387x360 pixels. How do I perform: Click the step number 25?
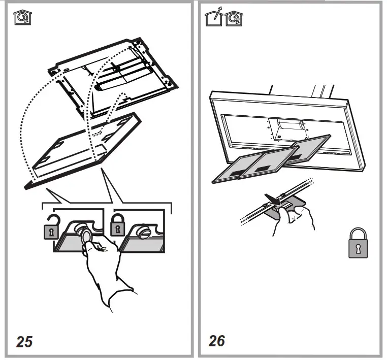24,341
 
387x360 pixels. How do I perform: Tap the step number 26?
217,340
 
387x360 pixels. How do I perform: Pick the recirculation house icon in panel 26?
233,19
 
